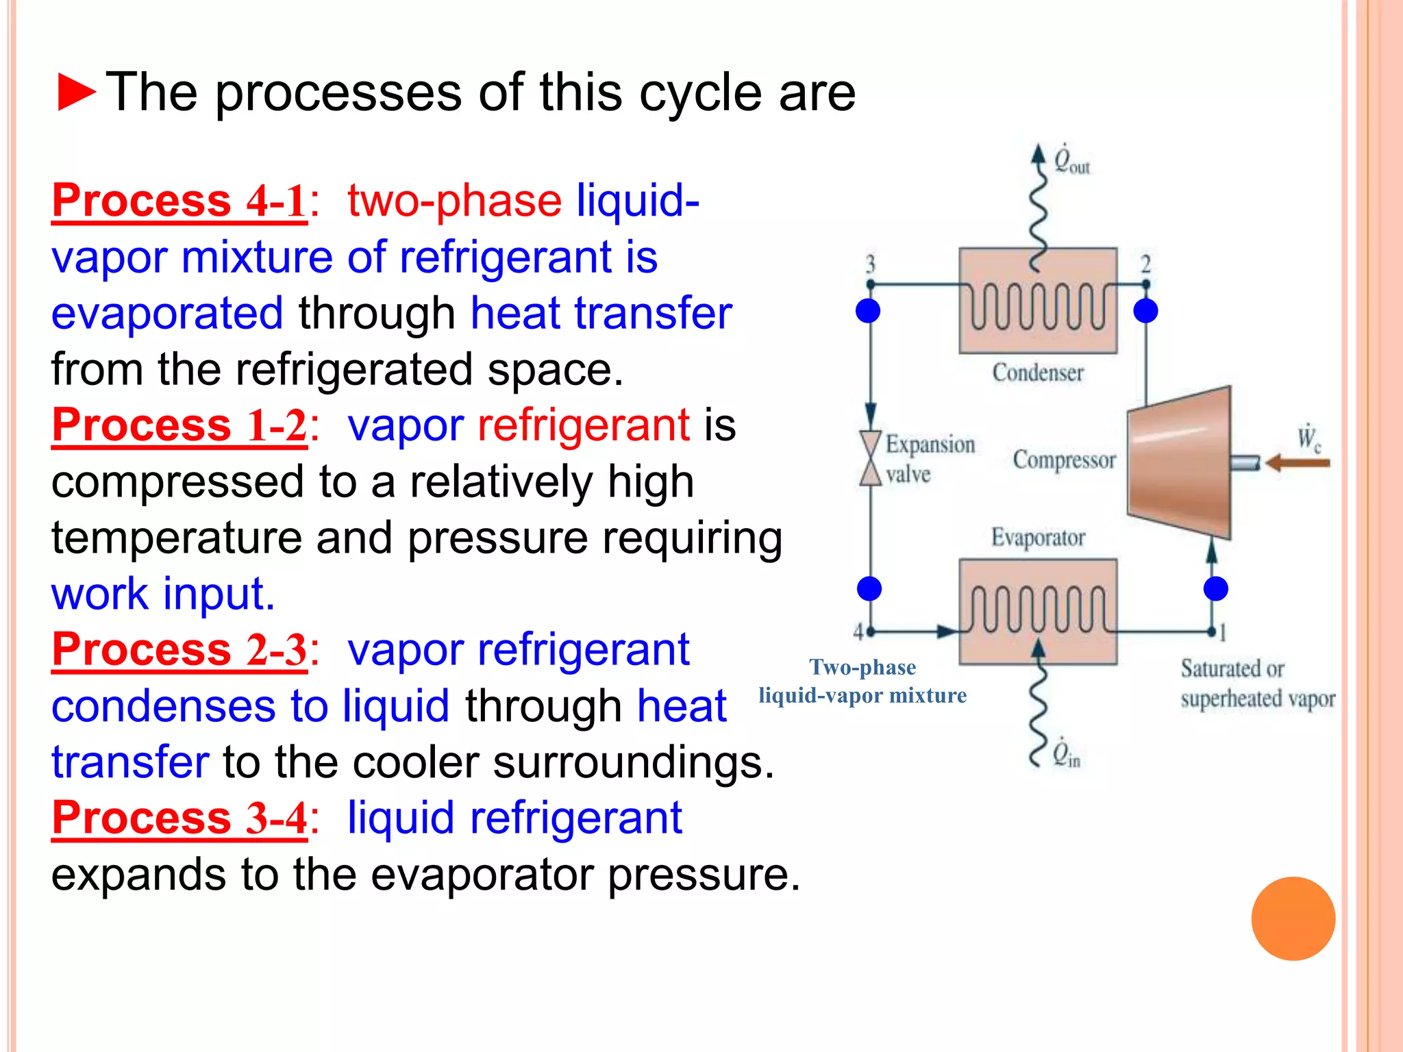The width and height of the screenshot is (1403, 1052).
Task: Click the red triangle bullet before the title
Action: [76, 92]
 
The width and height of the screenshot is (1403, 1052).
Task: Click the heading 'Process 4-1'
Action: [179, 201]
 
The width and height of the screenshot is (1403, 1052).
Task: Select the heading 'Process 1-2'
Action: [179, 425]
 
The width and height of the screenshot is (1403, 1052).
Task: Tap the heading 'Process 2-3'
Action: [179, 649]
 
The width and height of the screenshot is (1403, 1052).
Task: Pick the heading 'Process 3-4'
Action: [179, 818]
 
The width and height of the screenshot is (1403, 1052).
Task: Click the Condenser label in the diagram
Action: [1037, 373]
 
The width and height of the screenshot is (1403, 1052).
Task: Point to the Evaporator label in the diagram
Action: [1037, 538]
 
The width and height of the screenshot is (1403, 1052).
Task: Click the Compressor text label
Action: [1064, 460]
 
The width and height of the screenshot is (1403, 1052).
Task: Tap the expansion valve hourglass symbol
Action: [870, 458]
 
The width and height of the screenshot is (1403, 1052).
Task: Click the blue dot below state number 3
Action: [868, 311]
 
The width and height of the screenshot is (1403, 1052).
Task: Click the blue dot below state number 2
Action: [1145, 311]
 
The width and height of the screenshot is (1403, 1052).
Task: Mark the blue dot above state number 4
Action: [869, 588]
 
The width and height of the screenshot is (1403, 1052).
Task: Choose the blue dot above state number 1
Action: [1215, 588]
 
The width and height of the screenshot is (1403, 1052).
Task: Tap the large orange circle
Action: [1293, 918]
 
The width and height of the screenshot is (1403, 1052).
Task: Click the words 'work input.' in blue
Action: [163, 593]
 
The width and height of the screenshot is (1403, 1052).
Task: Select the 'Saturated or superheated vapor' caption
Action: [1257, 684]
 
